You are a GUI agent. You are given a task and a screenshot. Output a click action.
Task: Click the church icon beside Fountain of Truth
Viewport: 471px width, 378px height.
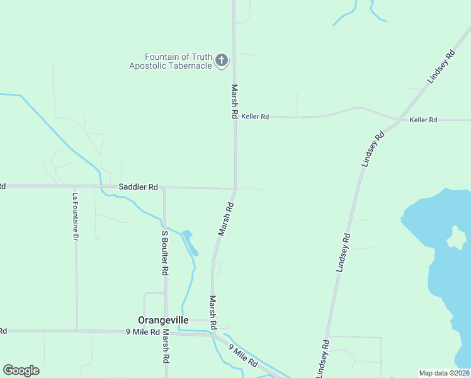click(x=221, y=60)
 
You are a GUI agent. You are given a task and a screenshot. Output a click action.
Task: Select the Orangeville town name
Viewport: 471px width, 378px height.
click(x=163, y=320)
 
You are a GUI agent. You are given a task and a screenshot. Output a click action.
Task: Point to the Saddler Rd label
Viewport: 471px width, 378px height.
click(x=138, y=187)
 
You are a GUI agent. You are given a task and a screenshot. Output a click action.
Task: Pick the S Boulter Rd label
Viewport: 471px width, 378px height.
click(x=164, y=252)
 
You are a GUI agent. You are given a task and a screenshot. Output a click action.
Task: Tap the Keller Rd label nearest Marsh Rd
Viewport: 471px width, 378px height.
click(x=255, y=117)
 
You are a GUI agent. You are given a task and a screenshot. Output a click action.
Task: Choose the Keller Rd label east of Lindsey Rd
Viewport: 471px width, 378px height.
click(x=423, y=120)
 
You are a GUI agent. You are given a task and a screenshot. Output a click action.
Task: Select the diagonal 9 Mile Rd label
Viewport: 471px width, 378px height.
click(x=243, y=356)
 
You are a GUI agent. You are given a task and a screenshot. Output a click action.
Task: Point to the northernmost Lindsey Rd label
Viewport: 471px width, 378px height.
click(x=441, y=67)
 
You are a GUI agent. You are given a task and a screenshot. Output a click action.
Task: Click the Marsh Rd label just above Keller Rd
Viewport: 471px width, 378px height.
click(x=234, y=102)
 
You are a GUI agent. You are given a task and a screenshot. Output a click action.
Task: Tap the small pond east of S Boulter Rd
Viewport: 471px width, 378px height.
click(x=190, y=242)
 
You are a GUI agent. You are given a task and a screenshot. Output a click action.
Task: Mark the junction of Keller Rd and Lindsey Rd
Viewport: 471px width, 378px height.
click(x=399, y=119)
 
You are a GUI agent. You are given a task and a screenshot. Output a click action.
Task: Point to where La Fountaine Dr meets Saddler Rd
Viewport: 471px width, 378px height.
click(x=76, y=186)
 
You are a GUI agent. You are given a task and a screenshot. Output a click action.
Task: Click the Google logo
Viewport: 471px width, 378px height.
click(x=21, y=370)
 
